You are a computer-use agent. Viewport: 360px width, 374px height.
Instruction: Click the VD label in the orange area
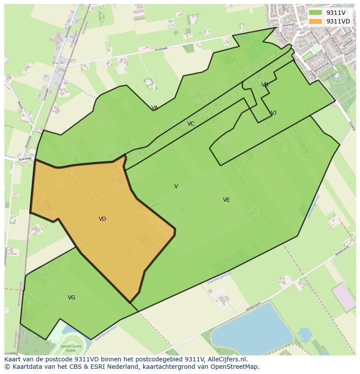click(102, 219)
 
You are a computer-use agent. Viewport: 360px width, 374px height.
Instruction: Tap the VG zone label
click(72, 298)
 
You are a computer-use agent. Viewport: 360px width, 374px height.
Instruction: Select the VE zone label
click(226, 200)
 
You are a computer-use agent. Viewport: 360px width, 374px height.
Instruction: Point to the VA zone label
click(154, 108)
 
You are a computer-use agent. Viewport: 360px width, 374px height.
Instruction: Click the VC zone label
click(191, 124)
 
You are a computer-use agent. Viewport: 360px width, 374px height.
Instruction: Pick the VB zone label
click(265, 85)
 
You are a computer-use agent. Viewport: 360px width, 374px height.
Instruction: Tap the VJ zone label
click(273, 113)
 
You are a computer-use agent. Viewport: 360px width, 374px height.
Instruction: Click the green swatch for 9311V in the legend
click(315, 13)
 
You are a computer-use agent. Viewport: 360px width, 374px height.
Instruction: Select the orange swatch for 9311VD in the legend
click(315, 21)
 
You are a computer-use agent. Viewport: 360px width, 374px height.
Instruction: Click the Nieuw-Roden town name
click(302, 29)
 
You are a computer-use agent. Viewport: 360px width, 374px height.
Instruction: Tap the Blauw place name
click(57, 63)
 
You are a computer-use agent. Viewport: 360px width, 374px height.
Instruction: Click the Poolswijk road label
click(161, 49)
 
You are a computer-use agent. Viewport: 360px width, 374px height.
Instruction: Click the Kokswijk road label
click(25, 159)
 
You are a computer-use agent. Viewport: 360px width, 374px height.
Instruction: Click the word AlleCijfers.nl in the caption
click(225, 359)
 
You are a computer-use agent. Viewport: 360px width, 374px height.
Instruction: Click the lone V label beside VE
click(176, 186)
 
